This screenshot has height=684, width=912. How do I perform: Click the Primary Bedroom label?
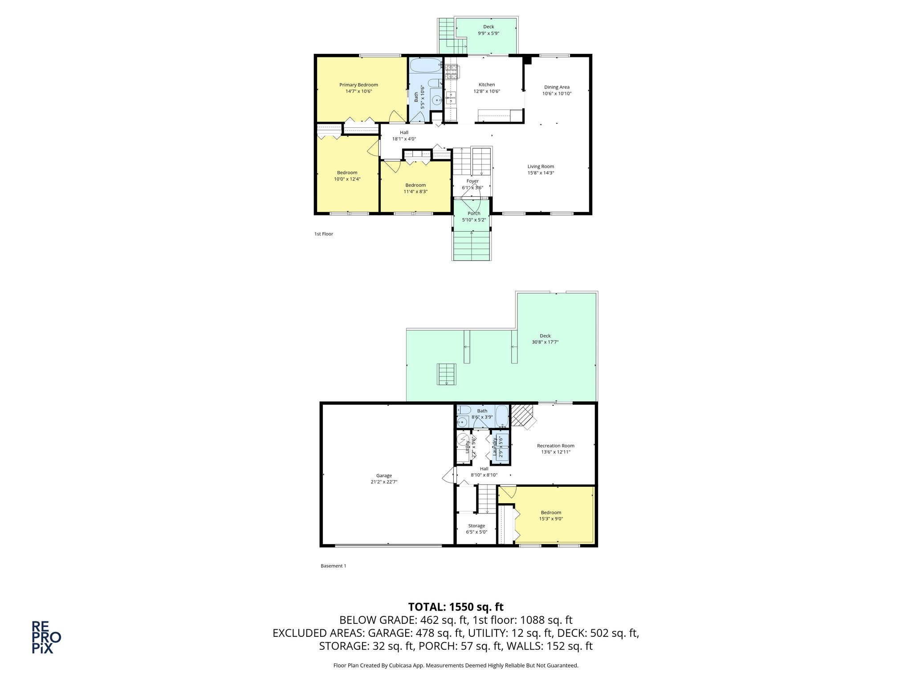tap(358, 85)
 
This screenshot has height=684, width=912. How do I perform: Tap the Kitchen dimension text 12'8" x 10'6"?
tap(486, 91)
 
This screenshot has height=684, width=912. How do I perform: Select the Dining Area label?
tap(557, 87)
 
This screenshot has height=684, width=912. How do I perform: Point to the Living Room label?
tap(541, 167)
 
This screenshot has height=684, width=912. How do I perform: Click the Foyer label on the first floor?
tap(472, 181)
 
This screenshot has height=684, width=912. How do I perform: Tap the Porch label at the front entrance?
tap(474, 213)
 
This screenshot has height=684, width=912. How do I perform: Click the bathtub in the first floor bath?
tap(426, 66)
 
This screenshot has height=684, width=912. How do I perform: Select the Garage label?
tap(384, 476)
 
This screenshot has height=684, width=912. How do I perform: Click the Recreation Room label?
tap(555, 446)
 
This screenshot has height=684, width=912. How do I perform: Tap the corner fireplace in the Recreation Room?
tap(523, 415)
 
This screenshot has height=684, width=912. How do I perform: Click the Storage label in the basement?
tap(476, 526)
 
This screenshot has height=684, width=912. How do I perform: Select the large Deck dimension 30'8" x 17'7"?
tap(545, 342)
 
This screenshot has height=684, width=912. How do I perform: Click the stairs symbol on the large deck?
tap(447, 374)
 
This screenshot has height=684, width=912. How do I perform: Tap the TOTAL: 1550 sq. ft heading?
tap(456, 607)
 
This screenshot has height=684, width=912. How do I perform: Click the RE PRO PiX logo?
tap(46, 637)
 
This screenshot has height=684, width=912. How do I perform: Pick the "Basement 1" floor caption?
tap(333, 566)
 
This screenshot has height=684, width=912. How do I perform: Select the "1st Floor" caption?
tap(324, 234)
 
